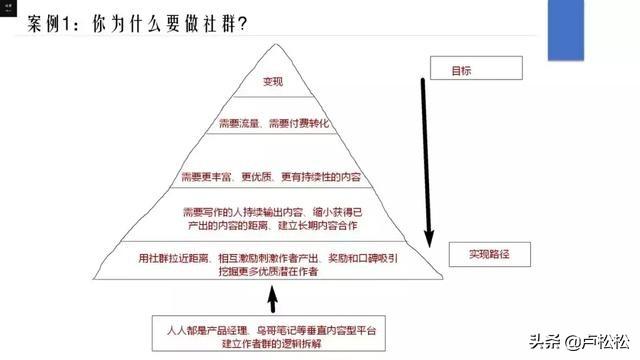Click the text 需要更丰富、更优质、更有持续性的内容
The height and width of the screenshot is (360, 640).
click(272, 178)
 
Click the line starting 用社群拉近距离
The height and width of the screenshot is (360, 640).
click(272, 256)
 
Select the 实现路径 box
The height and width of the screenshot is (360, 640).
click(486, 255)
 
